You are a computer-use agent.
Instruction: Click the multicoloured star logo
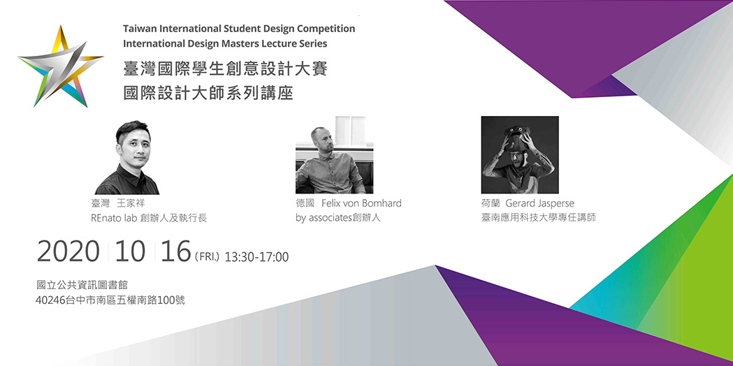61,66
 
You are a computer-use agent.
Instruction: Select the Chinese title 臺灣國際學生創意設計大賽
225,68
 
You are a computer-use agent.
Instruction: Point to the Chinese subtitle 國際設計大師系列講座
208,93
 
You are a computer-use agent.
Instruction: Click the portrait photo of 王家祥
127,158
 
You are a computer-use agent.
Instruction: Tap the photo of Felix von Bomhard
334,155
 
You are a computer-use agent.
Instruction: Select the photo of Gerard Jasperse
520,155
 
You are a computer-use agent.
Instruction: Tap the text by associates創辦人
338,218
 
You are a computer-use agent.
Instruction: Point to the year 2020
68,251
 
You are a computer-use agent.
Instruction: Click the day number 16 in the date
176,251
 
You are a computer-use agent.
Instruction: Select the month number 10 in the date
130,251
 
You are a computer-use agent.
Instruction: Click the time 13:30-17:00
256,257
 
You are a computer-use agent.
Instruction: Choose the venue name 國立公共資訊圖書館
82,285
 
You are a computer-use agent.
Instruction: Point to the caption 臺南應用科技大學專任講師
539,218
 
